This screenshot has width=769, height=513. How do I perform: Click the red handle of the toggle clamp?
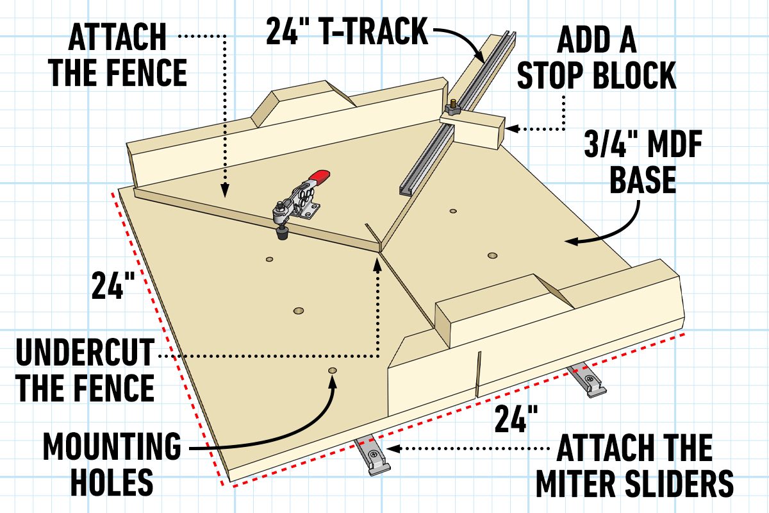(318, 176)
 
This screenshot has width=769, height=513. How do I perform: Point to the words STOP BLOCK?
(596, 76)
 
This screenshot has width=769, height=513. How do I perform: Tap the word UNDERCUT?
(85, 354)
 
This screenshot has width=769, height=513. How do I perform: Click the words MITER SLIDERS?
(634, 482)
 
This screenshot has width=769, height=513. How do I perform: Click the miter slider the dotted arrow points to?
(370, 454)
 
